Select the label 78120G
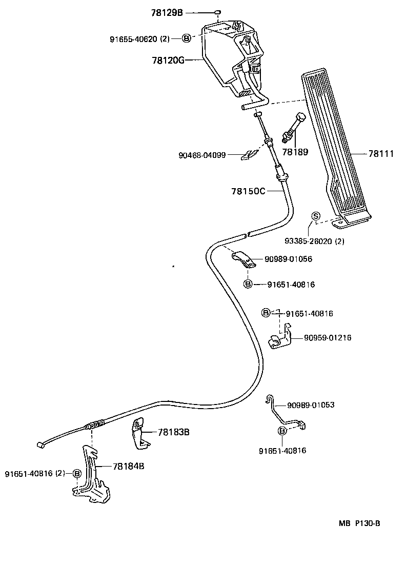click(168, 60)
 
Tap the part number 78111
click(381, 153)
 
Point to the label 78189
click(295, 152)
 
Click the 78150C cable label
click(248, 191)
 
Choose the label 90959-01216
click(328, 337)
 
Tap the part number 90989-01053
click(311, 405)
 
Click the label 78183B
click(174, 432)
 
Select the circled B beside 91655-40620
click(187, 38)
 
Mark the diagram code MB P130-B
click(359, 523)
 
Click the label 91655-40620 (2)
click(139, 38)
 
